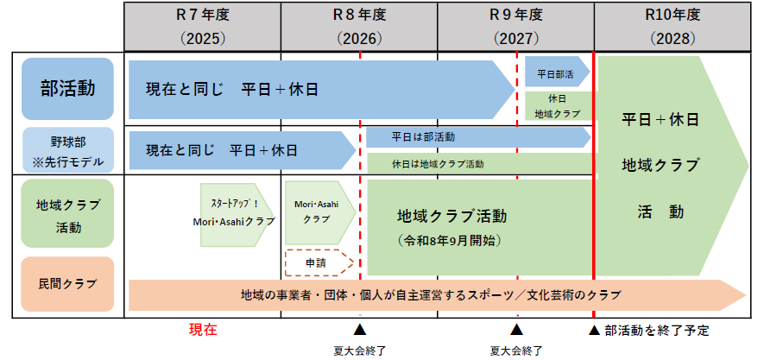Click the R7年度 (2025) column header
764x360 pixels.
pos(203,26)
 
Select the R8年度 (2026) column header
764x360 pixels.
pos(359,26)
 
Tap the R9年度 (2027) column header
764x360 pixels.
pos(515,26)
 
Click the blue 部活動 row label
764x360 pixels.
pos(67,88)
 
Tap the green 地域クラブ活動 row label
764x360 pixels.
pos(67,215)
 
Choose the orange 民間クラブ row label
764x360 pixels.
pos(67,283)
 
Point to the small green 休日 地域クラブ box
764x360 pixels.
pos(557,105)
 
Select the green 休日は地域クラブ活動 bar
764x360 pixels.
pos(480,163)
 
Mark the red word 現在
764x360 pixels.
pos(203,329)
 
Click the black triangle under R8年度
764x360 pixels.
pos(360,330)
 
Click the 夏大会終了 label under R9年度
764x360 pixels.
pos(516,350)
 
